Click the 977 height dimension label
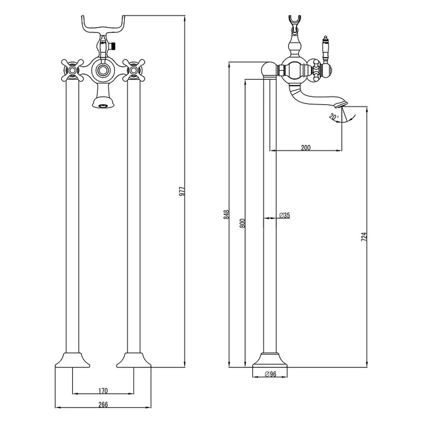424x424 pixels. [182, 191]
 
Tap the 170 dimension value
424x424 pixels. [103, 391]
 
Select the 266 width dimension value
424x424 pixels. [103, 404]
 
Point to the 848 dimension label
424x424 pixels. [226, 215]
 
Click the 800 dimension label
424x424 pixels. [242, 223]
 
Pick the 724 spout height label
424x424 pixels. [364, 237]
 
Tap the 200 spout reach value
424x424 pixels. [306, 148]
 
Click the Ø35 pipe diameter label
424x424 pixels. [285, 215]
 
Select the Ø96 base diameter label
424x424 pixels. [271, 374]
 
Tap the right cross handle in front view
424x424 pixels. [134, 70]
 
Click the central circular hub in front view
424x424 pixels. [103, 70]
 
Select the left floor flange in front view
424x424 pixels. [73, 360]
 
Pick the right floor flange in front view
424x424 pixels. [134, 360]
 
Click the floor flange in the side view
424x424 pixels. [270, 360]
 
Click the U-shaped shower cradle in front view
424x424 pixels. [103, 26]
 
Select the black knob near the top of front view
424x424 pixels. [114, 46]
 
